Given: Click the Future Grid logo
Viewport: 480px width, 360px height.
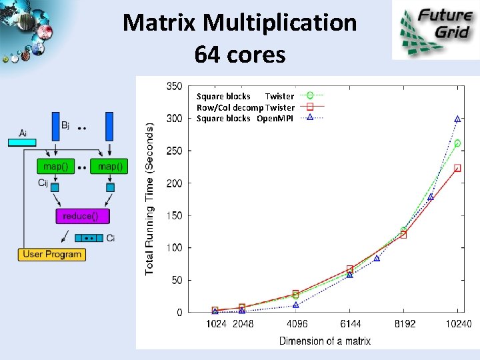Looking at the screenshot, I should [435, 30].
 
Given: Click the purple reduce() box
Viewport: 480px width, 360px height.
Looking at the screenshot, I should [83, 216].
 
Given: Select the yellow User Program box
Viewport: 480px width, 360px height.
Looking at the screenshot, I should [52, 254].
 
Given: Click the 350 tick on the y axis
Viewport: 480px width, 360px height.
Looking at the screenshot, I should [174, 86].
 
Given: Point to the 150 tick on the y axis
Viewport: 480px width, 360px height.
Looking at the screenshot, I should [174, 215].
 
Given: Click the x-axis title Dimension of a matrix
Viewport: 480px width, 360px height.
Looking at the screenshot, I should [325, 341].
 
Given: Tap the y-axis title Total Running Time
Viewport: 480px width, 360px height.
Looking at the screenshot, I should [150, 198].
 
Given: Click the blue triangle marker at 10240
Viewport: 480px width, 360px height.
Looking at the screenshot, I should [457, 119].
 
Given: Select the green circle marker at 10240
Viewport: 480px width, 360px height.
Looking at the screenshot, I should [457, 143].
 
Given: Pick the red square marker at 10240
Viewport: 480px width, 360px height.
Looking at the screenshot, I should [457, 168].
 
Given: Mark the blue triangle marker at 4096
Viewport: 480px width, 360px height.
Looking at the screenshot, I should [296, 305].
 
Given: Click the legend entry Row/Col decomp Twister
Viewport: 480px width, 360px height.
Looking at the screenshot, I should [245, 107].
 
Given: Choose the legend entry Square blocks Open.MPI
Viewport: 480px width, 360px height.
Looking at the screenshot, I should [245, 118].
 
